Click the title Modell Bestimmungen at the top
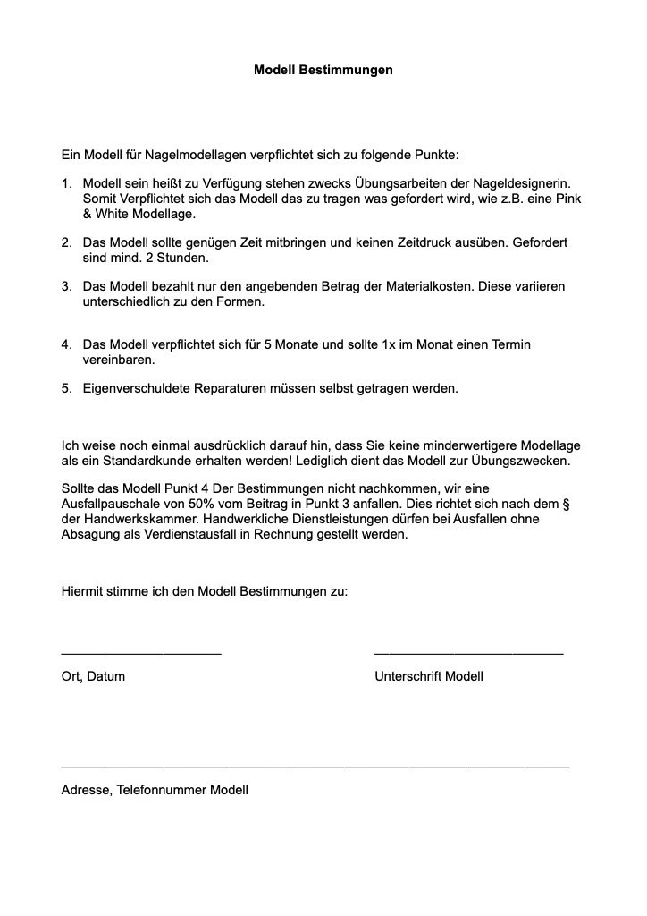[x=323, y=69]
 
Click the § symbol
[x=567, y=504]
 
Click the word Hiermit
[x=83, y=591]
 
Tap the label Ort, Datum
[x=93, y=676]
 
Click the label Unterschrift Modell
[x=429, y=676]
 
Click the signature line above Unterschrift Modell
[x=468, y=654]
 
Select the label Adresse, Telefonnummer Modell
[x=155, y=790]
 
